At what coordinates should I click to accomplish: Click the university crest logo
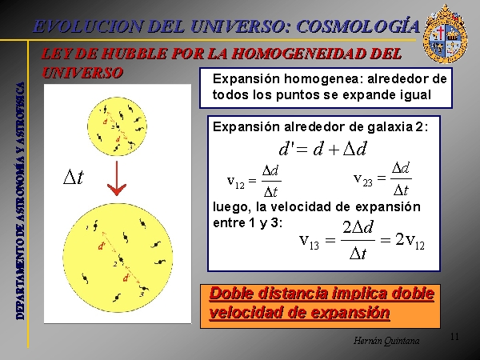pos(445,34)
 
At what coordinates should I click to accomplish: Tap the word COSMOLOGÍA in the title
pos(358,26)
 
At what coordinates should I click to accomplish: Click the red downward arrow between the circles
pos(117,178)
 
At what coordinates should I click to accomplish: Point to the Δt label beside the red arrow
pos(74,177)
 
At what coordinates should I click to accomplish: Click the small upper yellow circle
pos(117,126)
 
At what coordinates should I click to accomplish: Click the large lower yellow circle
pos(118,258)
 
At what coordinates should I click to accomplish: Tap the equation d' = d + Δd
pos(322,149)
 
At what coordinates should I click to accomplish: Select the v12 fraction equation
pos(254,182)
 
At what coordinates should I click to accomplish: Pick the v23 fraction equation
pos(382,178)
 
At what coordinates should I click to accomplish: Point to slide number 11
pos(454,337)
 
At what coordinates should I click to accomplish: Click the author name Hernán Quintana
pos(386,341)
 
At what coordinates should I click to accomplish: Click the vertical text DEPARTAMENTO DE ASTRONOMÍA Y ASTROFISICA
pos(20,201)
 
